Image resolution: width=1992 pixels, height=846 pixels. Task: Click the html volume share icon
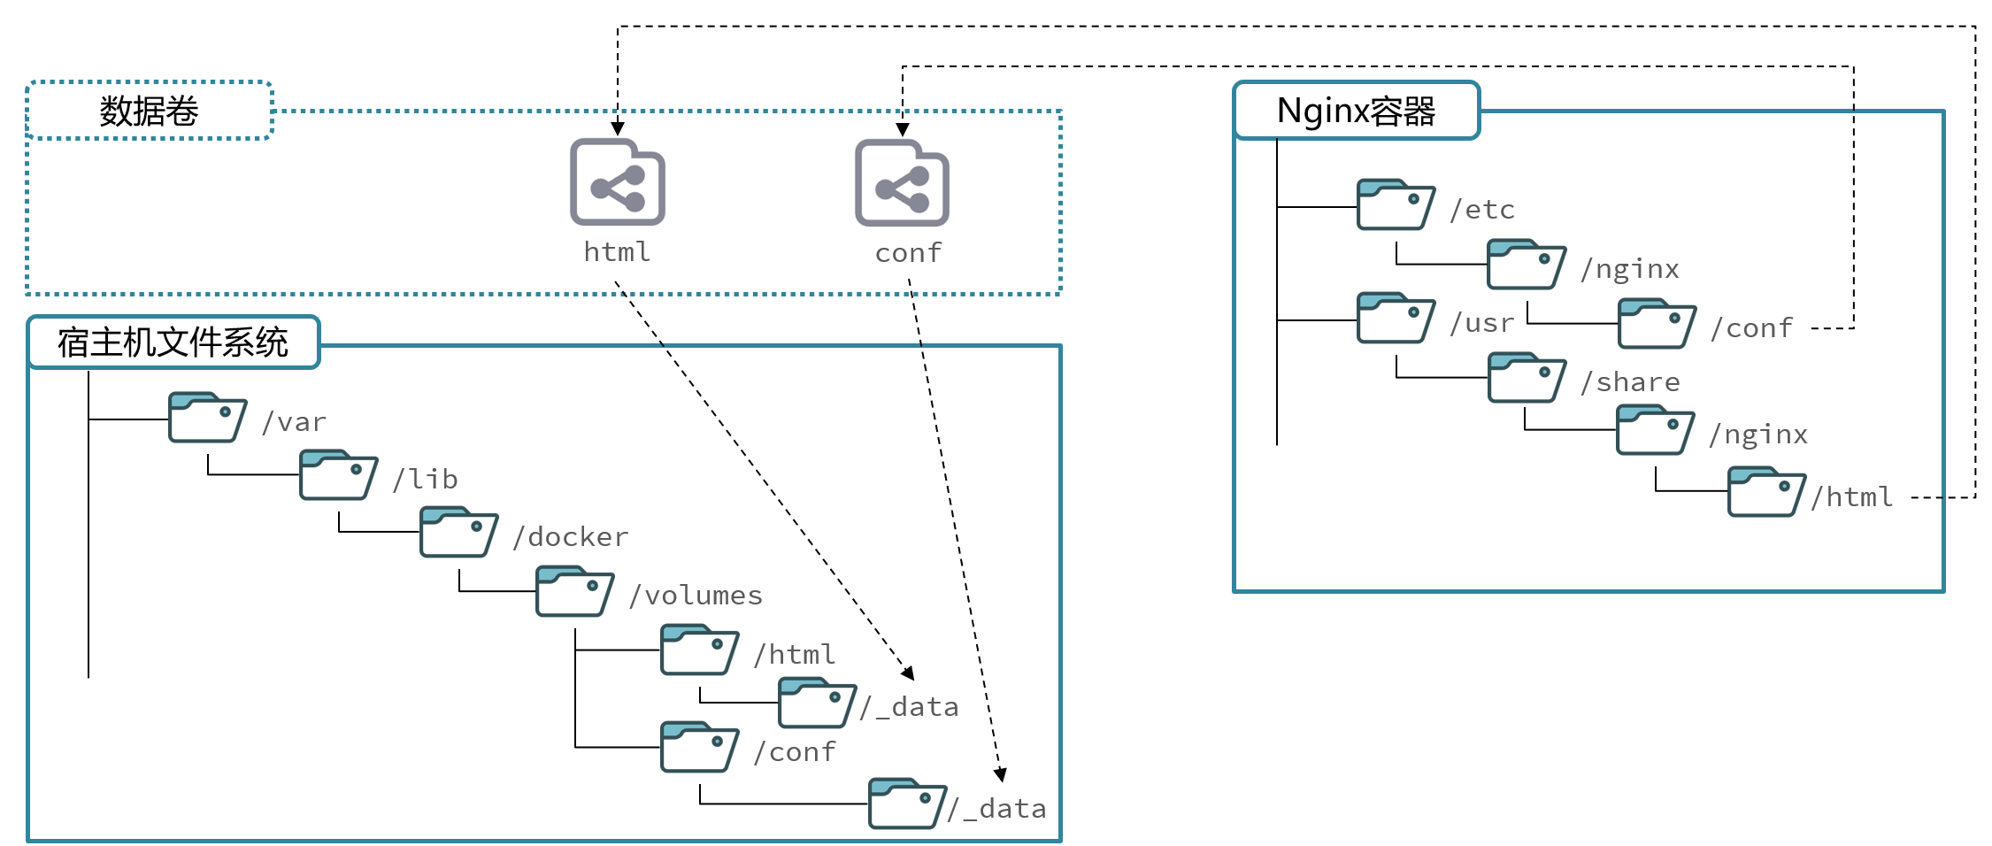click(618, 182)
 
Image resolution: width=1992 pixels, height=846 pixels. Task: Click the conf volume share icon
click(902, 182)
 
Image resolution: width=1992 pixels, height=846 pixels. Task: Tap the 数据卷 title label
click(149, 112)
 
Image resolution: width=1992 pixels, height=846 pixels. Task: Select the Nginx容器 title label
click(1356, 112)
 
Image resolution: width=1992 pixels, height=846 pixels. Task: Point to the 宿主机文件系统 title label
click(173, 342)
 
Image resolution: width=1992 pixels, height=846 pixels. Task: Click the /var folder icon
click(208, 418)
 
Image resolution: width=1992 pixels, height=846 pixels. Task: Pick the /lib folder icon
click(339, 475)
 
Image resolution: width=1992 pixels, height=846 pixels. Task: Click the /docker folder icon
click(459, 532)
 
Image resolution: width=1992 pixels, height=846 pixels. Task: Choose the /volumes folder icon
click(575, 591)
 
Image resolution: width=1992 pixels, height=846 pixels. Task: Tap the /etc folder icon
click(1396, 204)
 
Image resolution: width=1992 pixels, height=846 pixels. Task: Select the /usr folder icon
click(1396, 318)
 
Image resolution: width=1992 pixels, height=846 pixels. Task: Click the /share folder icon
click(1527, 378)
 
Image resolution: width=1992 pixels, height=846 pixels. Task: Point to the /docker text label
click(571, 537)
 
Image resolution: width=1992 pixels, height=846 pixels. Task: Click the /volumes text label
click(696, 596)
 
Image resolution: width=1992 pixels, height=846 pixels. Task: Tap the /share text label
click(1630, 382)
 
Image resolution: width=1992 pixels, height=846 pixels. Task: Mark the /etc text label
click(1482, 210)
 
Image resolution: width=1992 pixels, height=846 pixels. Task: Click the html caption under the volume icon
click(617, 252)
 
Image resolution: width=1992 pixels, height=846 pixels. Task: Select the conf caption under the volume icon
click(908, 253)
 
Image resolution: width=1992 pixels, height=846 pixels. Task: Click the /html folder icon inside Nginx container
click(1767, 492)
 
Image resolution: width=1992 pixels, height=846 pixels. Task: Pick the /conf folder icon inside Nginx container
click(1657, 324)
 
